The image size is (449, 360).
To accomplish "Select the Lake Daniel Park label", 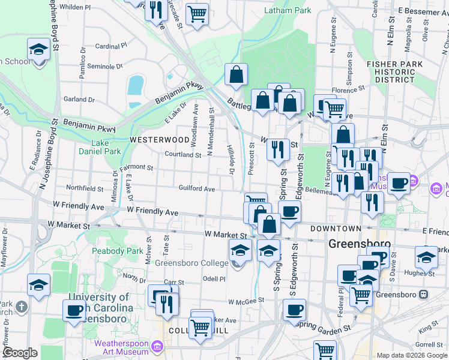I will pyautogui.click(x=100, y=148).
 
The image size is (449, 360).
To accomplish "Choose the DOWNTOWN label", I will pyautogui.click(x=336, y=229).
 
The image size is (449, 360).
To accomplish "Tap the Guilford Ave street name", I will pyautogui.click(x=196, y=188).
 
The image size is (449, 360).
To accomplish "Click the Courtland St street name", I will pyautogui.click(x=183, y=155).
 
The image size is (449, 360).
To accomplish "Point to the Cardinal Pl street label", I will pyautogui.click(x=111, y=46).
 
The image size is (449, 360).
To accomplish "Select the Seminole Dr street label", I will pyautogui.click(x=104, y=66).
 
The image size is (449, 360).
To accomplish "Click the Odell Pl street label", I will pyautogui.click(x=213, y=278).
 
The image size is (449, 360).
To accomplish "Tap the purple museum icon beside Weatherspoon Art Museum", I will pyautogui.click(x=157, y=346).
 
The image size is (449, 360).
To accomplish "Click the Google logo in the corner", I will pyautogui.click(x=20, y=353).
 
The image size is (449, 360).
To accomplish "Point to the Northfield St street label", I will pyautogui.click(x=84, y=188).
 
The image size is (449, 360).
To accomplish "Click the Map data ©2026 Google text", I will pyautogui.click(x=411, y=355).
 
